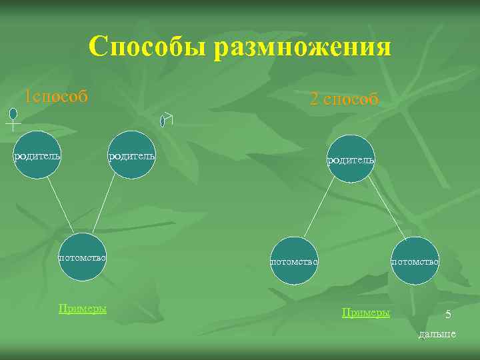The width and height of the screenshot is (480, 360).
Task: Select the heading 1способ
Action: [56, 97]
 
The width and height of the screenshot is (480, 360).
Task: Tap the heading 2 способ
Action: [344, 99]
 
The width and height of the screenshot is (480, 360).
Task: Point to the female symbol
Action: [13, 117]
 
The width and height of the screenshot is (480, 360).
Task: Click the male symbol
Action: [166, 119]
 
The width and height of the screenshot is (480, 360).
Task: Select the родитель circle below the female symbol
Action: [37, 155]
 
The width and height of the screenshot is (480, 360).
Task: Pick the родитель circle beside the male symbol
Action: [131, 155]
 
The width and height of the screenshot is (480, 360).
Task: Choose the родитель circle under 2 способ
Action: [350, 159]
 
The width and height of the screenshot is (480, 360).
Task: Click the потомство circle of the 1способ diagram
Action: [83, 257]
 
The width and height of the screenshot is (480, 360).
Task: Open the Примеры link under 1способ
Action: [83, 309]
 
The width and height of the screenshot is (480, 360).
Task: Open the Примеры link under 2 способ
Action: [365, 312]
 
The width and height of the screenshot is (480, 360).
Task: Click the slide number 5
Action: [448, 315]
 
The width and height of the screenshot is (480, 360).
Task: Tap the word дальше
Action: [437, 334]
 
